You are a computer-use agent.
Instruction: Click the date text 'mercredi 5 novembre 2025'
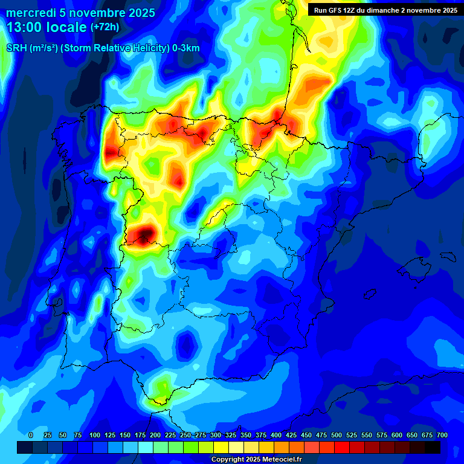80,13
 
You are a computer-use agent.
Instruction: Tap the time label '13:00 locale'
47,27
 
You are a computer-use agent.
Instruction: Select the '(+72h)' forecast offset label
105,27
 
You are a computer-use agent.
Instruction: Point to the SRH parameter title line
103,48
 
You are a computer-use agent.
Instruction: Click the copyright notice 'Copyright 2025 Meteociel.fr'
256,459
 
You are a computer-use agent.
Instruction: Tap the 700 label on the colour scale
442,436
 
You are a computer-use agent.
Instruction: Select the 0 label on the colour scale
31,436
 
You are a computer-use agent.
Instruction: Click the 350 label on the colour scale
246,436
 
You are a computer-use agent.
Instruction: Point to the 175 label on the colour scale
140,436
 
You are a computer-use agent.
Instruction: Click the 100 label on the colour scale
95,436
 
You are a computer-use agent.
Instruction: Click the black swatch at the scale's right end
433,447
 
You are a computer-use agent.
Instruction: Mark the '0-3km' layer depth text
186,48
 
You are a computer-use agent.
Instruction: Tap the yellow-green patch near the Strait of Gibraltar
161,387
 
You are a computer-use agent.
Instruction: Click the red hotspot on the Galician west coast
111,151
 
